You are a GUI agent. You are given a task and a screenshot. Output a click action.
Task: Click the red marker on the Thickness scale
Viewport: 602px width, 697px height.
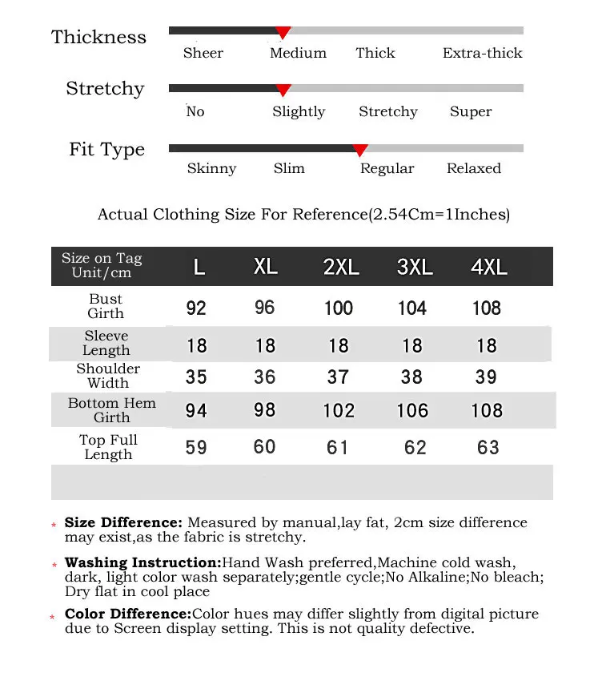(283, 33)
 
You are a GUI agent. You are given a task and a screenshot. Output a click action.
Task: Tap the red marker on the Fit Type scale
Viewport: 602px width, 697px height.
(360, 150)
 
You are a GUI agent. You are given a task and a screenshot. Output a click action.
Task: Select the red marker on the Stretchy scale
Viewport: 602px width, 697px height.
(283, 91)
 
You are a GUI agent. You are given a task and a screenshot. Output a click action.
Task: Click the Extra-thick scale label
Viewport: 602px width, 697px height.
(482, 54)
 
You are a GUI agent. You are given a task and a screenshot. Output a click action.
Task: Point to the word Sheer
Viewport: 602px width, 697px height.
(203, 54)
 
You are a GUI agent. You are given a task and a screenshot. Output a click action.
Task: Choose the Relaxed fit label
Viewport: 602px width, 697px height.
(474, 169)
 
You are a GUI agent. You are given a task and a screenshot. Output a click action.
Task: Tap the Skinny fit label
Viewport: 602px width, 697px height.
(211, 169)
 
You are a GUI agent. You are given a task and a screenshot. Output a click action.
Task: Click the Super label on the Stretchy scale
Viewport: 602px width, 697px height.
(471, 112)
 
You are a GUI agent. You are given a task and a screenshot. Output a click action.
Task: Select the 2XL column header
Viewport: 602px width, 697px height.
(342, 267)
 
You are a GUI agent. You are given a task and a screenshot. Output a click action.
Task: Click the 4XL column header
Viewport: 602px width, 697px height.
(489, 267)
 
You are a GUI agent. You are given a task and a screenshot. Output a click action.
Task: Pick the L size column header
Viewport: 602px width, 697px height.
(199, 267)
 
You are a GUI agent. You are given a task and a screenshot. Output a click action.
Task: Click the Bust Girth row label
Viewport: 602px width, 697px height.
(106, 306)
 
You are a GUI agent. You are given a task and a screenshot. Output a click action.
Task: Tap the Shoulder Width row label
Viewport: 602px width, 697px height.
(108, 376)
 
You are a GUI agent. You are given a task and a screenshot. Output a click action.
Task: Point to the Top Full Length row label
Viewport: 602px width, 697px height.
(108, 447)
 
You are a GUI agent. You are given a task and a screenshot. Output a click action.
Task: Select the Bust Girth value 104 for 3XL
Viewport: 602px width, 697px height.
(412, 308)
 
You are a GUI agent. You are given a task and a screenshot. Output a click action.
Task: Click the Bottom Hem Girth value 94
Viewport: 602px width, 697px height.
(196, 411)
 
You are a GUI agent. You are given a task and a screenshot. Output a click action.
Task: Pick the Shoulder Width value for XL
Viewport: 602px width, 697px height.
(264, 377)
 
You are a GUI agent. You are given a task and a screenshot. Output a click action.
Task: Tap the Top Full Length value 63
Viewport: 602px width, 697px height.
(488, 447)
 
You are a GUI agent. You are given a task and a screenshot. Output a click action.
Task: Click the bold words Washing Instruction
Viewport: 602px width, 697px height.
(142, 562)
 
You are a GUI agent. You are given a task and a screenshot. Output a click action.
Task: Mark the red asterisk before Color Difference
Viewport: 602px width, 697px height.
(53, 618)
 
